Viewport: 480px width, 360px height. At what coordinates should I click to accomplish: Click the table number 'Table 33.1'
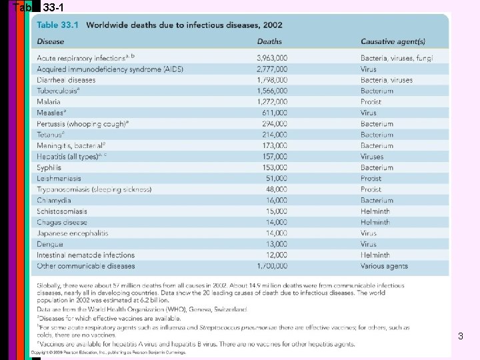[57, 25]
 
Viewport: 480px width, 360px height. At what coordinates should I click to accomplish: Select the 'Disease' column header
[51, 41]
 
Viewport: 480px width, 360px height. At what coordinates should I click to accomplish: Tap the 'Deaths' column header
[269, 41]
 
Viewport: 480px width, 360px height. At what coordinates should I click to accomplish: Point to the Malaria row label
[49, 102]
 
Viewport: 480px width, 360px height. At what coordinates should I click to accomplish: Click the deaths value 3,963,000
[272, 59]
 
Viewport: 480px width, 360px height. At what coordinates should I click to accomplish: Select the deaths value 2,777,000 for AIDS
[272, 69]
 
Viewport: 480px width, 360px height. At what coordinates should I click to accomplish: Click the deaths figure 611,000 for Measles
[274, 113]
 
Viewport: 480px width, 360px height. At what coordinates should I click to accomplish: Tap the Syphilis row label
[49, 168]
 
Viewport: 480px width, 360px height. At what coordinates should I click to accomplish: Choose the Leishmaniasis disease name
[59, 179]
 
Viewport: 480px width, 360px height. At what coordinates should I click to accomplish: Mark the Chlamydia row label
[54, 201]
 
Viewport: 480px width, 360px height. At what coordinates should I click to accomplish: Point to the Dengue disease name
[50, 244]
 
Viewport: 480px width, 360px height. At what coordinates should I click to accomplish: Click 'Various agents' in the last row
[384, 266]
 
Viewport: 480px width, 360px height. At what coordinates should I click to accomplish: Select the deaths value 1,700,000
[272, 266]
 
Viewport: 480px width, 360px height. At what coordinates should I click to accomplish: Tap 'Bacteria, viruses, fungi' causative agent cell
[397, 59]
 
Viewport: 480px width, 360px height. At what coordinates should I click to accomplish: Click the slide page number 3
[460, 337]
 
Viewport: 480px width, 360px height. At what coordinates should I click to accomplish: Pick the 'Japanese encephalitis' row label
[72, 233]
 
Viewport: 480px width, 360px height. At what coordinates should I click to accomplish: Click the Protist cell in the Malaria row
[371, 102]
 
